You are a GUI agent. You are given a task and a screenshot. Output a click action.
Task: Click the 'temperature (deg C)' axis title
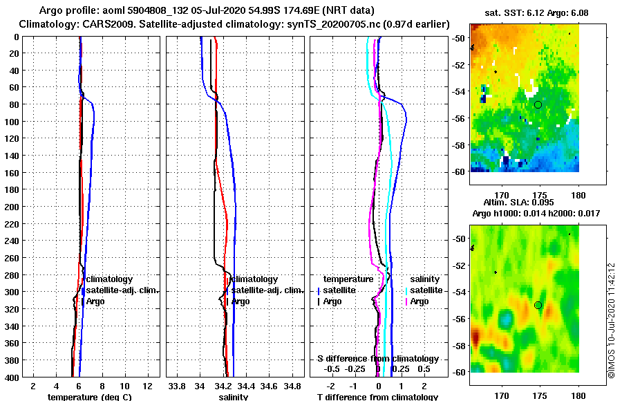click(x=89, y=397)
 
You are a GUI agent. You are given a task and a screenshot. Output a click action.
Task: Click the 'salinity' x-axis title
click(x=234, y=397)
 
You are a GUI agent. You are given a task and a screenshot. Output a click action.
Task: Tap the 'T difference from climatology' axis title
click(x=377, y=397)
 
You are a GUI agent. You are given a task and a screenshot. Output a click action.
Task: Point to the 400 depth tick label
click(x=13, y=377)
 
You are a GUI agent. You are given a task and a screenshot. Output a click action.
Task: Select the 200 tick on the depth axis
click(x=13, y=207)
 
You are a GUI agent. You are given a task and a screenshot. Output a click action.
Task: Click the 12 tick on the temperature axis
click(x=147, y=384)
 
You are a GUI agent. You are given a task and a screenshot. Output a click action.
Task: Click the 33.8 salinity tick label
click(x=178, y=384)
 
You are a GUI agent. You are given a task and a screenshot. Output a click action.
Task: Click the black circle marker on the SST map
click(x=538, y=104)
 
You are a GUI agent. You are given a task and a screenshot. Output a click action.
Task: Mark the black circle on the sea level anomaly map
click(x=538, y=305)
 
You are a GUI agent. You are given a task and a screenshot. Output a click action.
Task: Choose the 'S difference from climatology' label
click(x=377, y=359)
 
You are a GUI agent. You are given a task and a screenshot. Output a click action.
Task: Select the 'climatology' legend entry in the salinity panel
click(x=258, y=279)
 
